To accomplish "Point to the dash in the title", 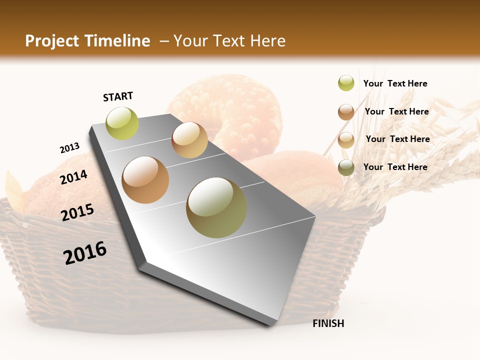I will pos(163,41).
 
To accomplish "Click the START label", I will pos(118,96).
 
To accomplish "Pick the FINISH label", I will pos(328,323).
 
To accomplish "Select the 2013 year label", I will pos(69,148).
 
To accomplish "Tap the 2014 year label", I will pos(73,177).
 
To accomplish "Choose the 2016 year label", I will pos(85,253).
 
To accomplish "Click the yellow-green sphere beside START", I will pos(122,123).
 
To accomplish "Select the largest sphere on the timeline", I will pos(216,207).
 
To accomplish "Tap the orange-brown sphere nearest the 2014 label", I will pos(145,179).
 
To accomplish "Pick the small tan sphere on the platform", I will pos(189,140).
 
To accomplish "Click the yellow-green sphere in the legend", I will pos(346,83).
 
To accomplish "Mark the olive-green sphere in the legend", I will pos(346,167).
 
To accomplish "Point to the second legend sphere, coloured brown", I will pos(346,112).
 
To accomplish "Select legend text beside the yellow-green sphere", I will pos(395,83).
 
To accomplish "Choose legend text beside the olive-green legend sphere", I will pos(395,167).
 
